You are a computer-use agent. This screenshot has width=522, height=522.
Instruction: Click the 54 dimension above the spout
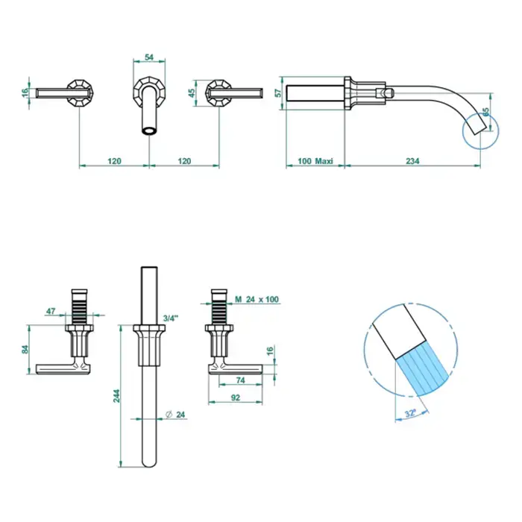coord(149,57)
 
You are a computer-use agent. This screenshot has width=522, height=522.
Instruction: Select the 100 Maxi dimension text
coord(315,161)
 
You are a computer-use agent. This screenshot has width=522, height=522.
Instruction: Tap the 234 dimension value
coord(412,161)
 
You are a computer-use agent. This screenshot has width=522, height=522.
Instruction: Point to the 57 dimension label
coord(279,93)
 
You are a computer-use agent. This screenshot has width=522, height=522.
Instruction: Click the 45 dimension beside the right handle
coord(192,93)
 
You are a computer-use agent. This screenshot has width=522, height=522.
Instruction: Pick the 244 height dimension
coord(116,396)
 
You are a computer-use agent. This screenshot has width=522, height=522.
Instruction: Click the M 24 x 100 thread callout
coord(257,299)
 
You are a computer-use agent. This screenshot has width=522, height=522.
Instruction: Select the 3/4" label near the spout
coord(171,318)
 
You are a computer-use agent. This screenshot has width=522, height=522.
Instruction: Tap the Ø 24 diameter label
coord(175,415)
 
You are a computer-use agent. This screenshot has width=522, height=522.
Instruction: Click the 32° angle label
coord(411,413)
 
